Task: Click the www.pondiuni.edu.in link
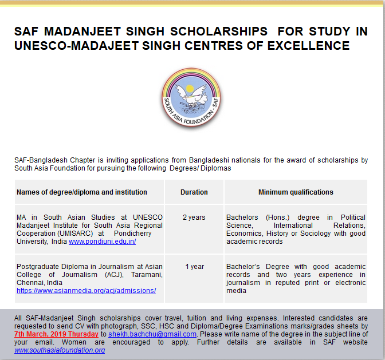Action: tap(102, 242)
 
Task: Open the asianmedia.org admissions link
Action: tap(86, 291)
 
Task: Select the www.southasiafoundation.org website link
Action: tap(60, 350)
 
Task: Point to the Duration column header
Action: tap(194, 192)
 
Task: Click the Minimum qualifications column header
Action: tap(296, 192)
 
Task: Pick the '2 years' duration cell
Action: tap(194, 217)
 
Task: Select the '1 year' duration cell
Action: tap(194, 267)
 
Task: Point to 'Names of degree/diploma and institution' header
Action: tap(82, 192)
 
